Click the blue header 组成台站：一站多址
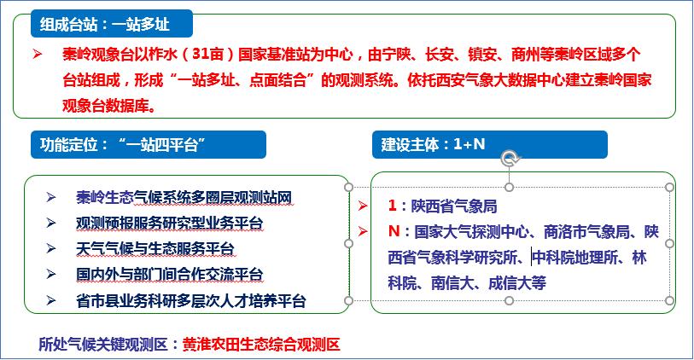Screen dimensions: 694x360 point(112,24)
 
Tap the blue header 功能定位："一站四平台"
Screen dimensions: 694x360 point(149,145)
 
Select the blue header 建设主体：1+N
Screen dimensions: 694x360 point(489,145)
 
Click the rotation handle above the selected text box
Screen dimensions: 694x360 point(510,159)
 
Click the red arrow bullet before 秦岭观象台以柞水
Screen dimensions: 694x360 point(38,55)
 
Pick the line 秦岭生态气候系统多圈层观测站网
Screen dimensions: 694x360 point(184,197)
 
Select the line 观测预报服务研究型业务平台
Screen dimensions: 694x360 point(170,223)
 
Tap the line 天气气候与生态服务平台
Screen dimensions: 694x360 point(155,248)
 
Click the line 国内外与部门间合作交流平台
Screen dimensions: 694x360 point(170,274)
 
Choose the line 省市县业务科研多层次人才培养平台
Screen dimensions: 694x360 point(190,301)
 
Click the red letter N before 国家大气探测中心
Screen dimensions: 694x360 point(394,231)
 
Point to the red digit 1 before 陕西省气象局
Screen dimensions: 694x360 point(392,206)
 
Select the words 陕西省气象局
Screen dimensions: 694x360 point(454,206)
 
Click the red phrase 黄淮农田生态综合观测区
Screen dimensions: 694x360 point(261,344)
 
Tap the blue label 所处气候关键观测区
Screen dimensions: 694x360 point(103,344)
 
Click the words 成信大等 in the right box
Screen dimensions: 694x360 point(517,283)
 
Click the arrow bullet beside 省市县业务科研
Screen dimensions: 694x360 point(51,301)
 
